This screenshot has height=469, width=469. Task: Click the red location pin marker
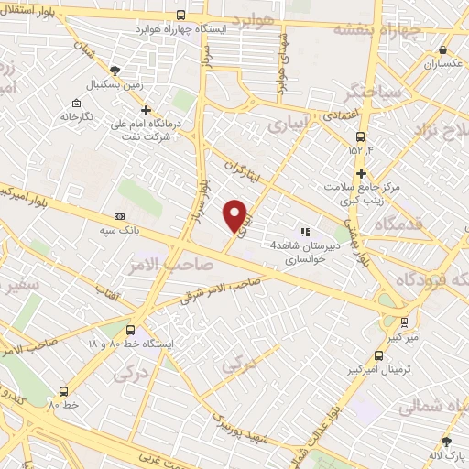click(x=235, y=214)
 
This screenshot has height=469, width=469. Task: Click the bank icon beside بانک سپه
click(x=117, y=217)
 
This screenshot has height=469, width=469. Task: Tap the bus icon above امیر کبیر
click(x=405, y=322)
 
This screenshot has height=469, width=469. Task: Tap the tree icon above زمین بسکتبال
click(x=115, y=70)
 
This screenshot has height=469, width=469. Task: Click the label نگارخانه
click(x=79, y=117)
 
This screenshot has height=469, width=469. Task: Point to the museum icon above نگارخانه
click(x=78, y=103)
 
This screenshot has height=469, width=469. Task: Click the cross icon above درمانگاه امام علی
click(x=145, y=110)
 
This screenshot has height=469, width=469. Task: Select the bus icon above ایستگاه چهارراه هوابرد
click(x=180, y=15)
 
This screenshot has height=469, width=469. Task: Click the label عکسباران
click(x=444, y=64)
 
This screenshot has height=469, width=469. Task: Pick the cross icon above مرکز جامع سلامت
click(x=362, y=172)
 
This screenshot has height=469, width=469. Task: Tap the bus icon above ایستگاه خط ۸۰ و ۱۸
click(x=130, y=330)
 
